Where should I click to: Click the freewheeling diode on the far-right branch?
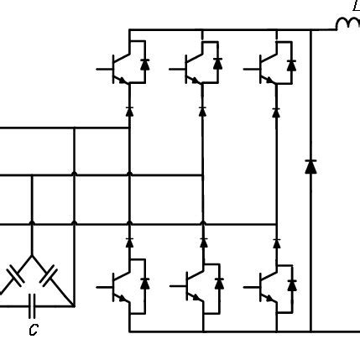pos(310,166)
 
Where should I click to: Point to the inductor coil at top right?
pos(348,23)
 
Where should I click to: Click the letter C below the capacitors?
pos(33,330)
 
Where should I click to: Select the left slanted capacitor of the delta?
pos(16,276)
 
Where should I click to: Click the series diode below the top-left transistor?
pos(129,110)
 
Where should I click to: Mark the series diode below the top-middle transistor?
pos(203,110)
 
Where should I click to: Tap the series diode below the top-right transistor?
pos(276,110)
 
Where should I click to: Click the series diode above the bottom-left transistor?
pos(129,243)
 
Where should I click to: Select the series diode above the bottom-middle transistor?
pos(203,243)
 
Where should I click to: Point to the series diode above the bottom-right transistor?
pos(276,243)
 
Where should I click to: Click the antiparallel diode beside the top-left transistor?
pos(145,64)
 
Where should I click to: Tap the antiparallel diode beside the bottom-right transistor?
pos(292,284)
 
